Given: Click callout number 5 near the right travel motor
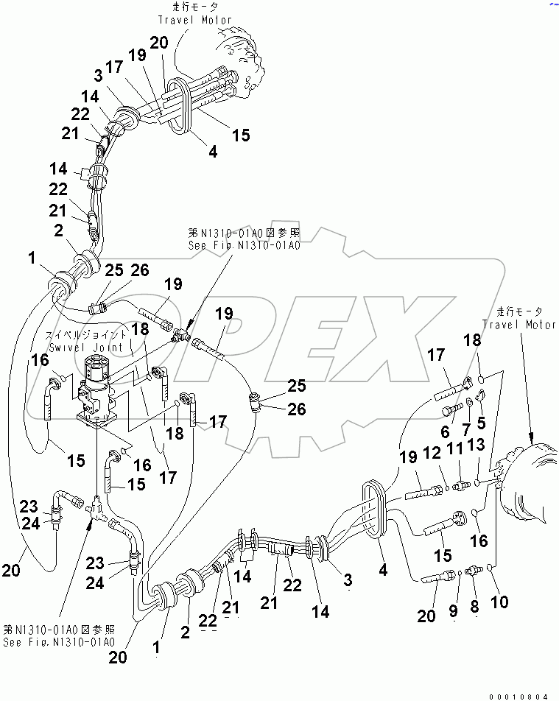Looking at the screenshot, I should pos(481,422).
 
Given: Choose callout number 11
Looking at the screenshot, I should pos(458,448).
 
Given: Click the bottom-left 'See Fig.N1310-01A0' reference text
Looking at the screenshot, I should pos(59,641).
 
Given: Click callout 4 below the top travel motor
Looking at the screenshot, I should pos(213,152).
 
